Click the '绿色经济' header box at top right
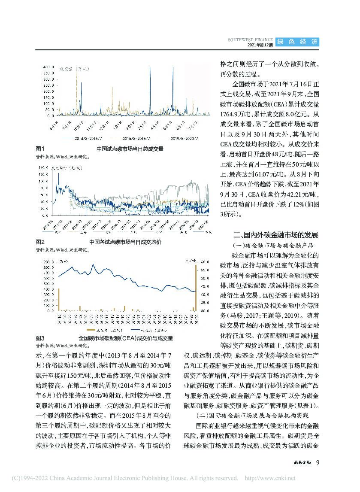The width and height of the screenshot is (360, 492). point(297,42)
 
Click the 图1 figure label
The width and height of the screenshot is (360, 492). point(40,149)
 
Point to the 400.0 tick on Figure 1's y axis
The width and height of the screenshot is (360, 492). point(48,67)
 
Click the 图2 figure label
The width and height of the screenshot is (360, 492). point(40,242)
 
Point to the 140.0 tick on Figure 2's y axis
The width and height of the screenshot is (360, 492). point(44,167)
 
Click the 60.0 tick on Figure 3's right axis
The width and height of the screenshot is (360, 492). point(205,261)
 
